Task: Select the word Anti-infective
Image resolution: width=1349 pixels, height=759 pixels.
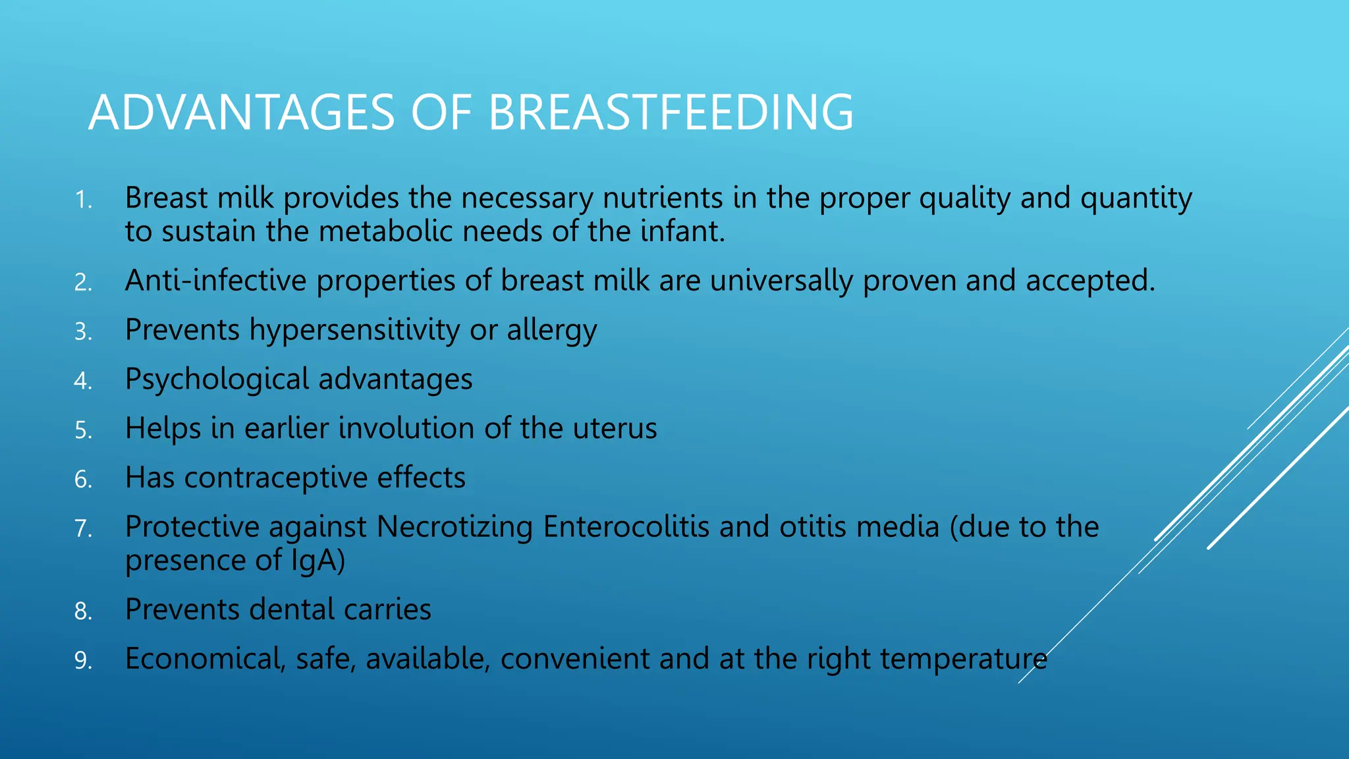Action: coord(216,281)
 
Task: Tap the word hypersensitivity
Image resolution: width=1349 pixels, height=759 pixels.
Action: coord(354,331)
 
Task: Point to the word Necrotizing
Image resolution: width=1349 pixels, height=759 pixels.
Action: coord(454,527)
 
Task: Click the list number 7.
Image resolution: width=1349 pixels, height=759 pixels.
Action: coord(83,529)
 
